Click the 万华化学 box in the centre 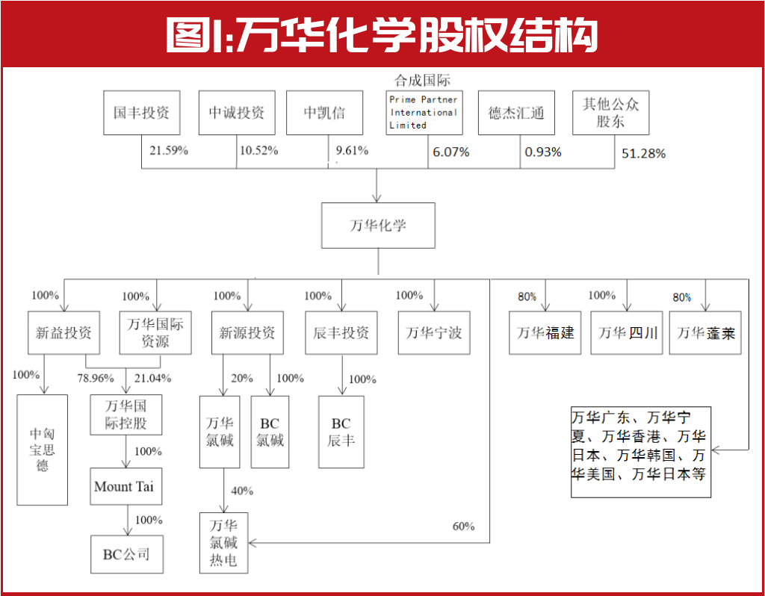(x=378, y=225)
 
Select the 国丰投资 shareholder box (x=141, y=113)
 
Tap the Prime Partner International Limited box (x=423, y=113)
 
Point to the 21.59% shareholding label (x=169, y=151)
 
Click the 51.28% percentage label (x=643, y=155)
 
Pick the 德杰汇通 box (x=516, y=113)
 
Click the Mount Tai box (x=125, y=486)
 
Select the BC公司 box (x=126, y=554)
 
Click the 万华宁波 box (x=433, y=332)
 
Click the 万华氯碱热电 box (x=223, y=542)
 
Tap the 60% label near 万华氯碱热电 (x=463, y=527)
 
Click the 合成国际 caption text (x=423, y=80)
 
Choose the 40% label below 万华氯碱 (x=242, y=491)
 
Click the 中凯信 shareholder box (x=324, y=113)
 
